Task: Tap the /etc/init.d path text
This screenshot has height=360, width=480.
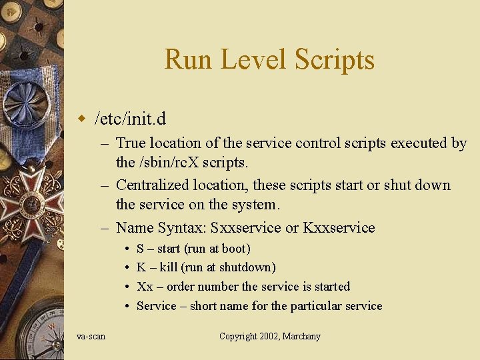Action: point(131,119)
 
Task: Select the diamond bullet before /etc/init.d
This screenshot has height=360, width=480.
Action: point(82,119)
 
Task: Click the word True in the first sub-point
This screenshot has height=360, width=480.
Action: point(131,143)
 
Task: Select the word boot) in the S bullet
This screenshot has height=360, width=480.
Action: point(234,249)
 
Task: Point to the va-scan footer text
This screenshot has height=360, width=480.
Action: point(91,336)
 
